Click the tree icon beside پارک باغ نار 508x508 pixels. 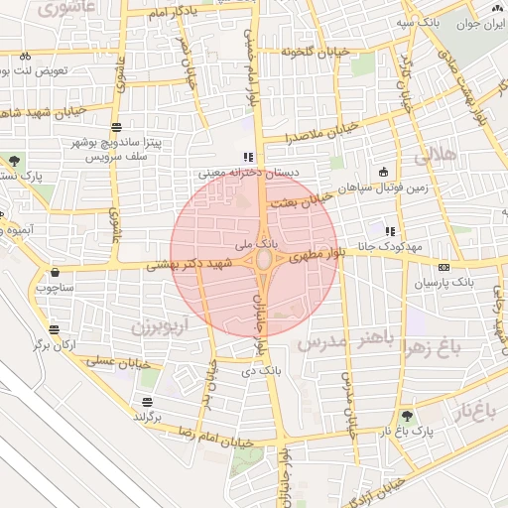[407, 417]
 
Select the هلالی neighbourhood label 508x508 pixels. [434, 156]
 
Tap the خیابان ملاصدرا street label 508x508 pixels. [318, 134]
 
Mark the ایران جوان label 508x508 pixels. [481, 23]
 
